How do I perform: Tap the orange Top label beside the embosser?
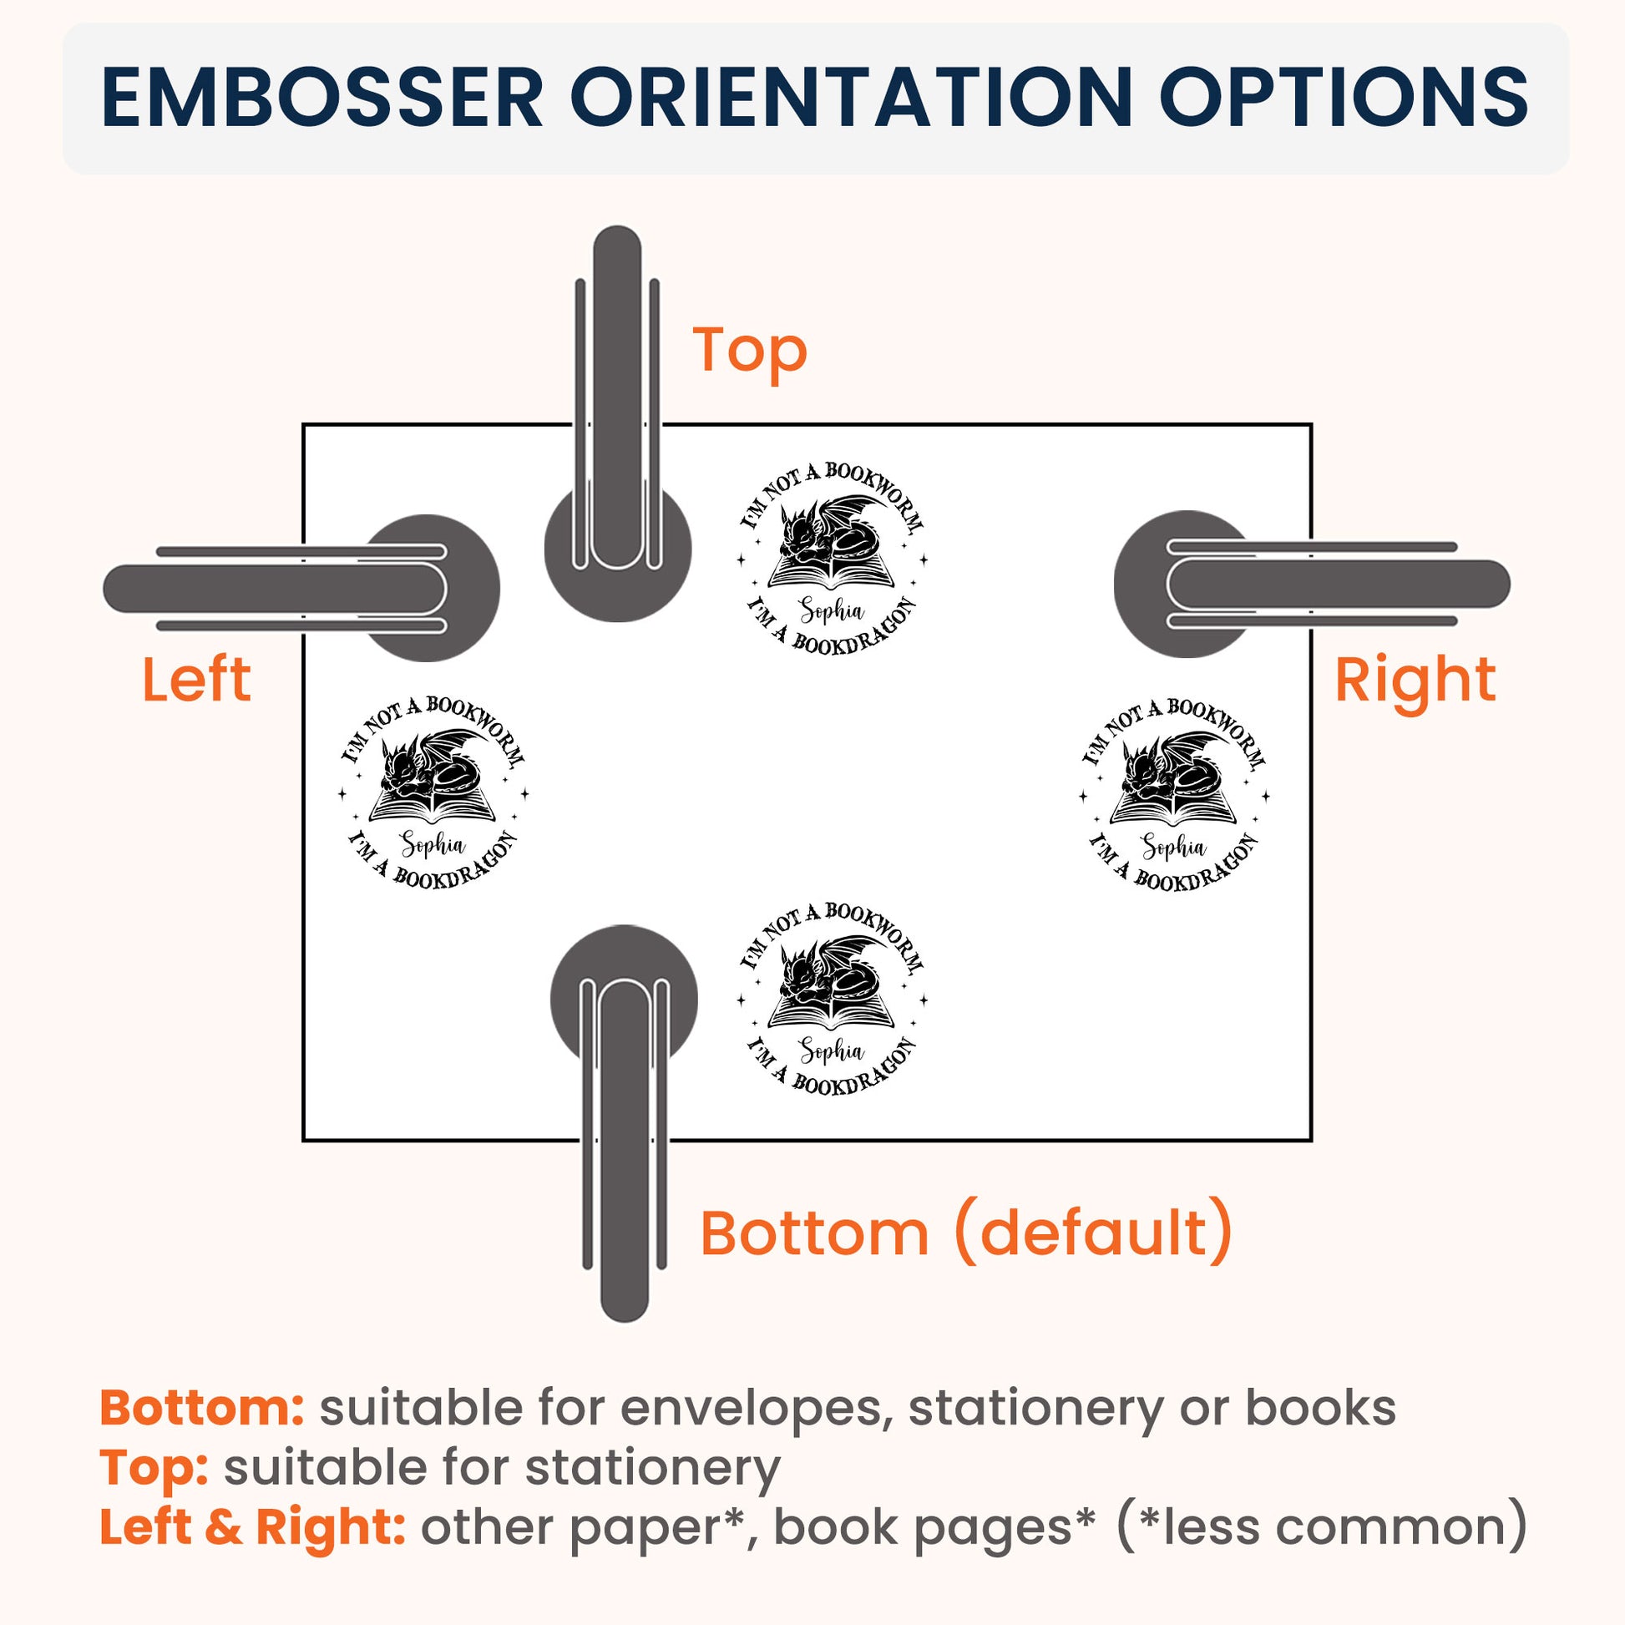749,350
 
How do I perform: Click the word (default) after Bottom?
1092,1233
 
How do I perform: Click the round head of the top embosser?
617,551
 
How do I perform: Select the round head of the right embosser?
1187,584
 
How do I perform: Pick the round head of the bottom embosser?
623,999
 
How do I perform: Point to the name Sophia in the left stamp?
433,843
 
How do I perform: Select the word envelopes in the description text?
757,1432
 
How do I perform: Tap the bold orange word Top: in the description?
154,1493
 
